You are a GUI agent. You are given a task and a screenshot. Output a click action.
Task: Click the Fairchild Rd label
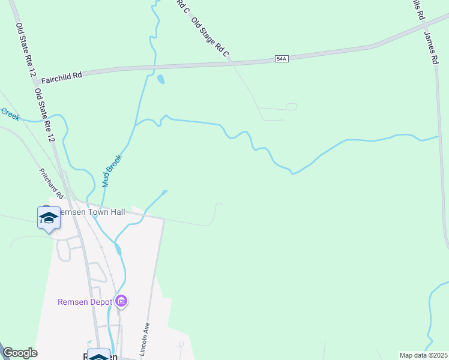pyautogui.click(x=59, y=76)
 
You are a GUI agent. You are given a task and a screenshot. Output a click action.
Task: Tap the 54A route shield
pyautogui.click(x=282, y=58)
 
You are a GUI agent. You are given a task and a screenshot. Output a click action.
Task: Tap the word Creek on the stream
pyautogui.click(x=10, y=114)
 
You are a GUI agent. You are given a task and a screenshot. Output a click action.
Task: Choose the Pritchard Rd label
pyautogui.click(x=51, y=184)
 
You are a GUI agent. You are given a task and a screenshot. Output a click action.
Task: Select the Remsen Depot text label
pyautogui.click(x=85, y=302)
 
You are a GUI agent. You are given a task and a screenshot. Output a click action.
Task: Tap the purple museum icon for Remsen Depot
pyautogui.click(x=122, y=301)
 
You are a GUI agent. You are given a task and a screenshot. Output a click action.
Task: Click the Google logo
pyautogui.click(x=20, y=353)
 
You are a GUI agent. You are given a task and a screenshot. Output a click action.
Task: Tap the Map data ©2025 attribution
pyautogui.click(x=423, y=355)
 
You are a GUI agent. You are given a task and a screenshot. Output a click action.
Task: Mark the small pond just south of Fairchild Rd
pyautogui.click(x=160, y=79)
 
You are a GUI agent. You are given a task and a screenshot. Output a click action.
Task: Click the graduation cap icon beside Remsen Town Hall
pyautogui.click(x=49, y=217)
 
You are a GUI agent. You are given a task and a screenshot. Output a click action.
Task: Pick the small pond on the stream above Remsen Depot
pyautogui.click(x=118, y=248)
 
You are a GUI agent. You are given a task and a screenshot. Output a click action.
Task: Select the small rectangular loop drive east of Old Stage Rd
pyautogui.click(x=291, y=107)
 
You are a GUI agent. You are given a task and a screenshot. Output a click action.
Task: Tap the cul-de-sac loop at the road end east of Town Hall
pyautogui.click(x=211, y=223)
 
